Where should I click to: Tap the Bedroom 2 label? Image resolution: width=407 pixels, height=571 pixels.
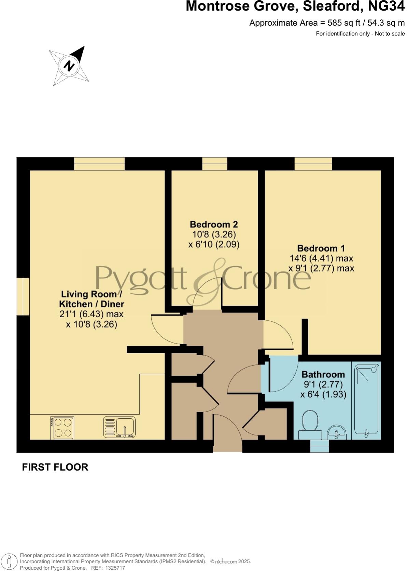tap(214, 225)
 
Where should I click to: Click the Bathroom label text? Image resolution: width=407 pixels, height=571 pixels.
tap(323, 374)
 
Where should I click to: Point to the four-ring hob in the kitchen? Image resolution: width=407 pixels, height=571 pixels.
tap(62, 428)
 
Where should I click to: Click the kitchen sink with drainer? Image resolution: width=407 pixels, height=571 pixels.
tap(120, 428)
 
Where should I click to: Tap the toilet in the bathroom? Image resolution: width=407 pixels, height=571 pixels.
tap(310, 424)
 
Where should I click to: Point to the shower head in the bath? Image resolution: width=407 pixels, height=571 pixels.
tap(375, 369)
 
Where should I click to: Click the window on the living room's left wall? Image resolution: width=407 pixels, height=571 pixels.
tap(23, 296)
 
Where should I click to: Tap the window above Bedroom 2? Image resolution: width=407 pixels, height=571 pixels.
tap(214, 164)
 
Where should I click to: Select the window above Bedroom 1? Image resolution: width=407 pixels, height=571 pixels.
tap(313, 164)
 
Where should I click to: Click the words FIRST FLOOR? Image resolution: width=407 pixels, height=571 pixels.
tap(55, 467)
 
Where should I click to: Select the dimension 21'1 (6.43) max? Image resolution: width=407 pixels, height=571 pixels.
tap(92, 314)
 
